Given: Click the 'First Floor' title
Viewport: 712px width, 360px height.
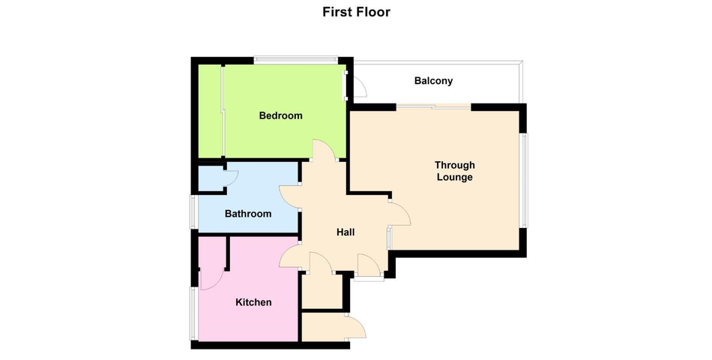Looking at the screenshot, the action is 356,12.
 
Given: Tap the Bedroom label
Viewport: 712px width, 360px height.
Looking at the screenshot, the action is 280,115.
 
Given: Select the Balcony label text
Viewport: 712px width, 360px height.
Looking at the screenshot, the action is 433,81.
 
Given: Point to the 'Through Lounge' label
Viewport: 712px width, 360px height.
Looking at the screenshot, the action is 454,171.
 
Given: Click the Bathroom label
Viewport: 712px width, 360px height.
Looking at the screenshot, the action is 248,214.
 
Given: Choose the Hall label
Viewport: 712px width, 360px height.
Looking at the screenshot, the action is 346,232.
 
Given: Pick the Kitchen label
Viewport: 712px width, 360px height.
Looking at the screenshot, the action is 253,302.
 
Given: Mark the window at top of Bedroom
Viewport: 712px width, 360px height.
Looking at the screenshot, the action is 295,58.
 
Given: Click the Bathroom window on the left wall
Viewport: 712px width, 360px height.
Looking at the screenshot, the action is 193,211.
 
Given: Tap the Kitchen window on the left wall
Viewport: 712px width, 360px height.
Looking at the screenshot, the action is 193,313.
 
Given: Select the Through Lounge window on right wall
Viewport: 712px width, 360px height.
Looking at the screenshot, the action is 524,180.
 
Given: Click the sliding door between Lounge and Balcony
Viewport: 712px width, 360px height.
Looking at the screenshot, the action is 434,107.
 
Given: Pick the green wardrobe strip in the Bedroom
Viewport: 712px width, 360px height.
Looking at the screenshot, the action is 211,111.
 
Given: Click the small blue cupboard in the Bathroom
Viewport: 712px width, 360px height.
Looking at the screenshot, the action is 211,178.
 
